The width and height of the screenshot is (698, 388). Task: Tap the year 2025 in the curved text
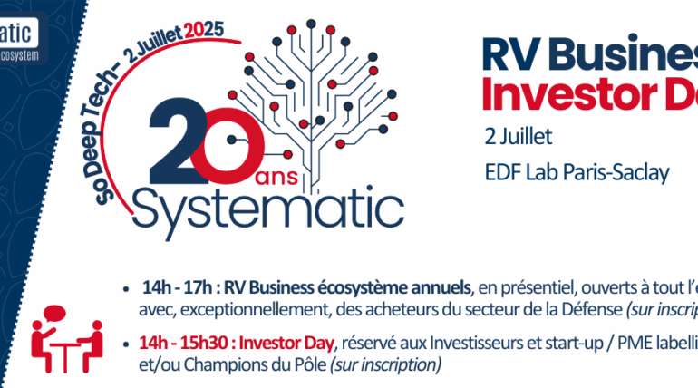(x=205, y=34)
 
